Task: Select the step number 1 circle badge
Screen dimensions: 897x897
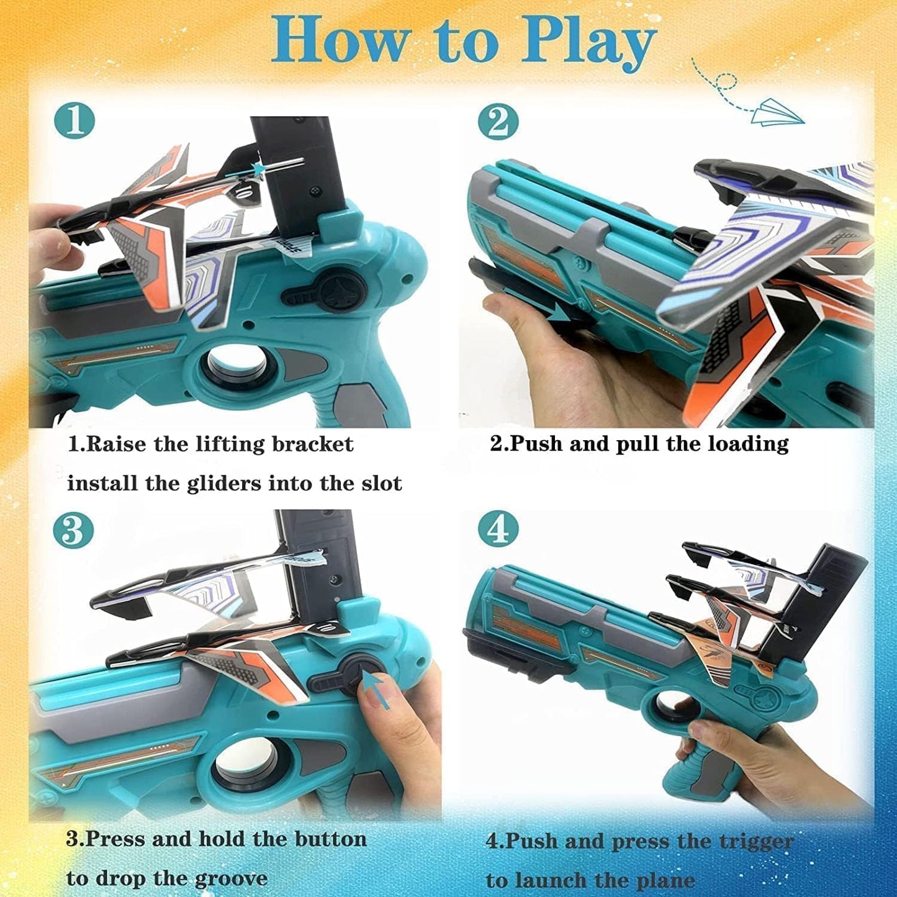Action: click(x=74, y=121)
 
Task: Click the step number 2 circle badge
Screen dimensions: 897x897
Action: click(x=498, y=122)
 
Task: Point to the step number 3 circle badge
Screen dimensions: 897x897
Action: click(x=73, y=531)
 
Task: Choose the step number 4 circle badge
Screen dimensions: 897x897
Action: click(x=498, y=531)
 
